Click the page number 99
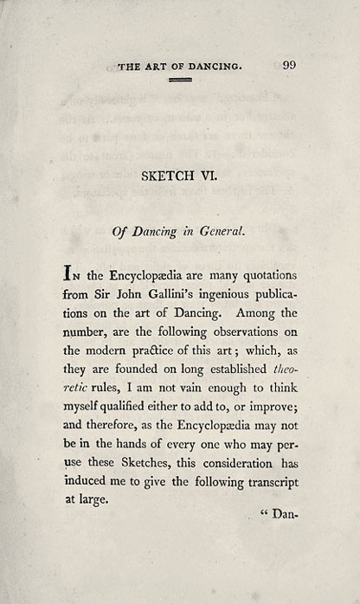click(289, 64)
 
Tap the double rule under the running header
click(180, 80)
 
